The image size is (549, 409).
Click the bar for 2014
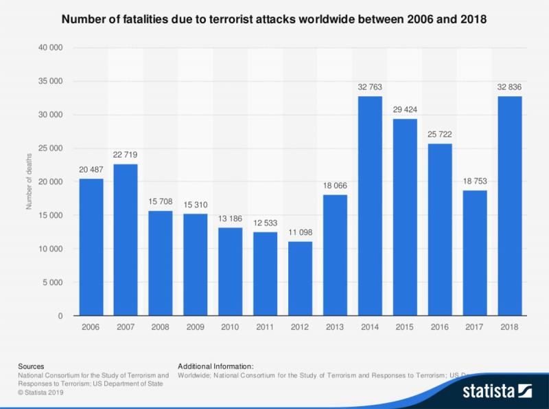click(370, 206)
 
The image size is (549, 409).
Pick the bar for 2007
click(126, 240)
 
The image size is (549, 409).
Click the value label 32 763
click(370, 88)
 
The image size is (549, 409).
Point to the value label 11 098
click(300, 234)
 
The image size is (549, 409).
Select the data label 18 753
click(475, 182)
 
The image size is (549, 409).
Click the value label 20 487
click(91, 170)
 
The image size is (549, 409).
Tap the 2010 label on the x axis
click(230, 328)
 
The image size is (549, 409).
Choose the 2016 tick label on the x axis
click(440, 328)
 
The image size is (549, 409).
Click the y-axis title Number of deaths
click(30, 182)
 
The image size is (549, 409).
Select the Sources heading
click(30, 366)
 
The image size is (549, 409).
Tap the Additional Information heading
click(215, 366)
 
